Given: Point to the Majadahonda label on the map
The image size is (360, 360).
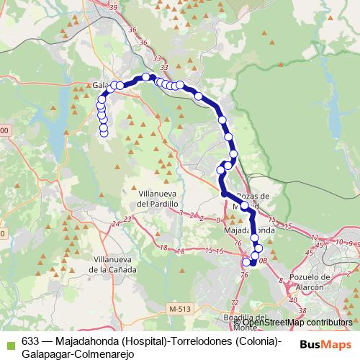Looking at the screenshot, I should tap(250, 230).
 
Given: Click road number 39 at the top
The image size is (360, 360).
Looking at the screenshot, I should tap(113, 6).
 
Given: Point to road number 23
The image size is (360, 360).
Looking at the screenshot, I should tap(127, 219).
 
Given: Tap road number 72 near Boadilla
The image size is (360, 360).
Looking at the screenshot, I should tap(234, 302).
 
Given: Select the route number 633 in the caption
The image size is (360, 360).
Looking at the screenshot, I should tap(30, 341).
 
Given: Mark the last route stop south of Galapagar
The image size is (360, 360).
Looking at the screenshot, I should tap(104, 132).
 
